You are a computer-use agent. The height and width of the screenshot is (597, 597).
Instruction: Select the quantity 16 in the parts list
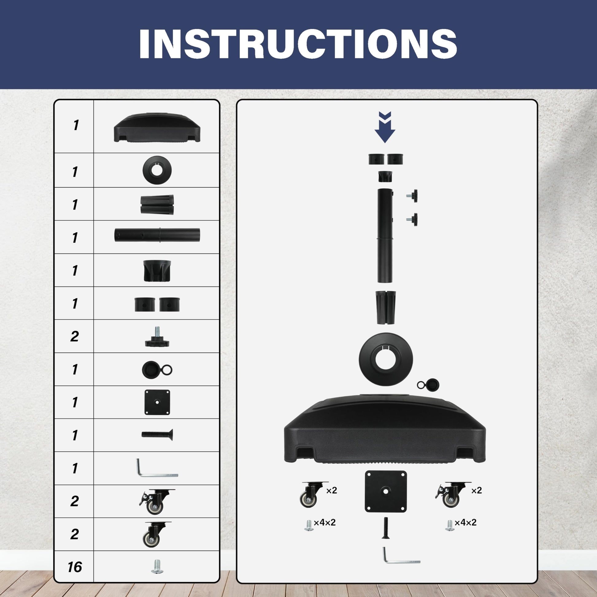75,567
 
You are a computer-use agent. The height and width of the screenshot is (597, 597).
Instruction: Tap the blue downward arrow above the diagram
385,127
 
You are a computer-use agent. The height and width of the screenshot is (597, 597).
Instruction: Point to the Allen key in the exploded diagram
401,555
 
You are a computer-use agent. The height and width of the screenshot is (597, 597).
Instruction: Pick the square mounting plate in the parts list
157,402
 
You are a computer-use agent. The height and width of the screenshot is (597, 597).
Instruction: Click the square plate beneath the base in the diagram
386,491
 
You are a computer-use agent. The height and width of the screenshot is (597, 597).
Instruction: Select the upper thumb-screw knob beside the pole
413,196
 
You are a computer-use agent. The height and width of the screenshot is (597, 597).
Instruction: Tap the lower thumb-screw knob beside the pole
413,219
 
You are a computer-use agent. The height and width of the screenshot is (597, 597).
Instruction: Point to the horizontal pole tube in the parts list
157,235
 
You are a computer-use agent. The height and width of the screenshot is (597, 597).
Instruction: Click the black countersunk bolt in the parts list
157,435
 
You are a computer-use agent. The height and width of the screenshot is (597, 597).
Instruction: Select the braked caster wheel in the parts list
156,502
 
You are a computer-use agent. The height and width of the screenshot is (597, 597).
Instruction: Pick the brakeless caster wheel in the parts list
156,535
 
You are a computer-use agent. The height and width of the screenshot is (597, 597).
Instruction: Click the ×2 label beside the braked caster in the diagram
476,490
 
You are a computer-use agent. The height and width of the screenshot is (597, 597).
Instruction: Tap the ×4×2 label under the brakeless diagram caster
325,522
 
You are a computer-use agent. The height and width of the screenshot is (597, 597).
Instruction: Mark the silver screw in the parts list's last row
157,567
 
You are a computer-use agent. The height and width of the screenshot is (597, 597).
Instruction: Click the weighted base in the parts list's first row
157,128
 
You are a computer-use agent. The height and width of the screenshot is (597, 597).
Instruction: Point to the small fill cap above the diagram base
428,385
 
